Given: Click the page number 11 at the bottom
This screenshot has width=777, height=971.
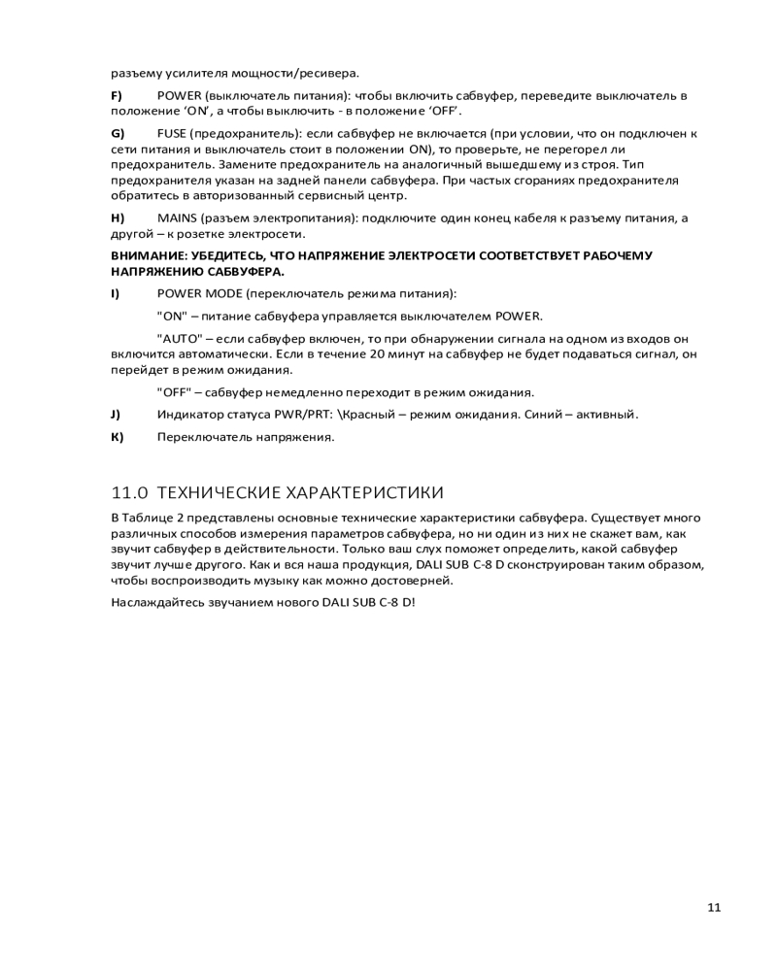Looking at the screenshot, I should pyautogui.click(x=714, y=908).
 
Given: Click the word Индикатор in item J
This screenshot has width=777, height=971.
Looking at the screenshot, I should pyautogui.click(x=187, y=415).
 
